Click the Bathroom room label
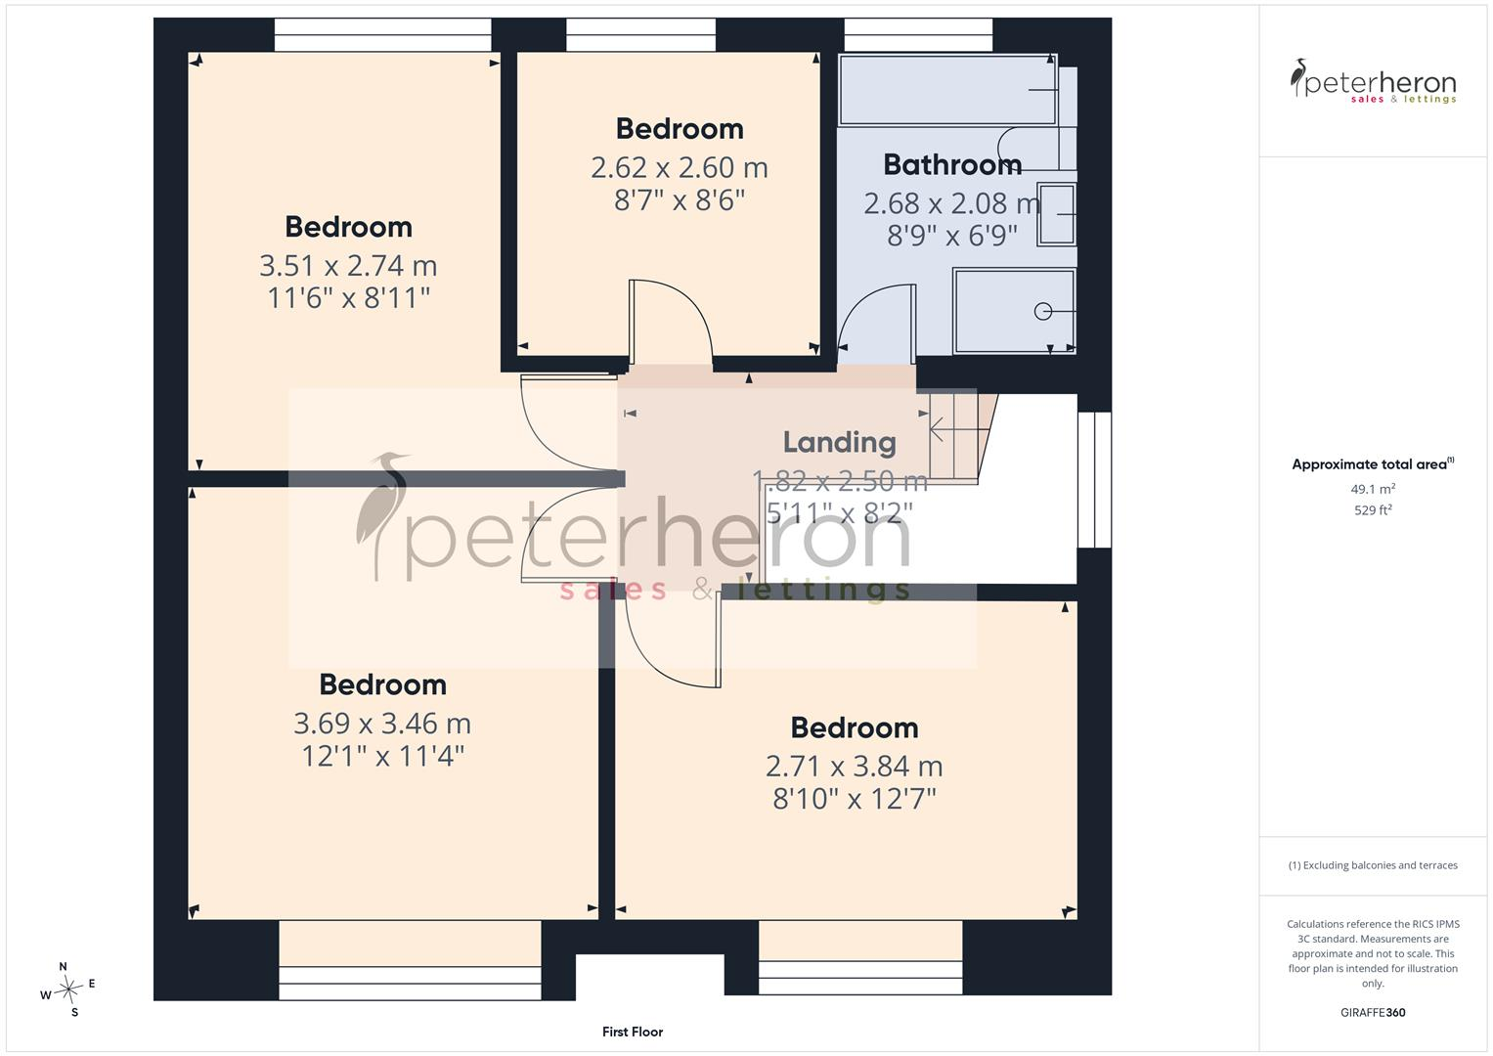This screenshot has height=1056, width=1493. tap(952, 164)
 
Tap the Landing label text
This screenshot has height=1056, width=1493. tap(839, 442)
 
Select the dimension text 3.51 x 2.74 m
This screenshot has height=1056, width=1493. tap(348, 266)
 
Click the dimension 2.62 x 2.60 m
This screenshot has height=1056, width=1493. tap(680, 167)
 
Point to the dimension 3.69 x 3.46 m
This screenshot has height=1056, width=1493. tap(382, 724)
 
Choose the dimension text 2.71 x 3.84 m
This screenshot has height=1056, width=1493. tap(854, 766)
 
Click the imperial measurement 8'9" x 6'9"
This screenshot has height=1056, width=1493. tap(951, 236)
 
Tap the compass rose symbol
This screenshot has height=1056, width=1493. tap(68, 990)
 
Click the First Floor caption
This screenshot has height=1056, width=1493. tap(633, 1032)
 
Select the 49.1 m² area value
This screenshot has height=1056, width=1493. tap(1373, 489)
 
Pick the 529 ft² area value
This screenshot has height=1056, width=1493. tap(1373, 510)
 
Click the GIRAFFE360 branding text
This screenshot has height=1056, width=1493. tap(1373, 1013)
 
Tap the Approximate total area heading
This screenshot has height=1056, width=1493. tap(1373, 464)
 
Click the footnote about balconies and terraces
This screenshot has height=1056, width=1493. tap(1373, 865)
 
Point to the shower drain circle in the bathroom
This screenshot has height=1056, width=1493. tap(1042, 311)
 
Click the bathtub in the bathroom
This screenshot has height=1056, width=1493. tap(947, 90)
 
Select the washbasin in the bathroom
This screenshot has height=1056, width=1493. tap(1057, 214)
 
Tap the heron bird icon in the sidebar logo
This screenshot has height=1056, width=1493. tap(1297, 77)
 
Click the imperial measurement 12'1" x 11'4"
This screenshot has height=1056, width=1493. tap(382, 756)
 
